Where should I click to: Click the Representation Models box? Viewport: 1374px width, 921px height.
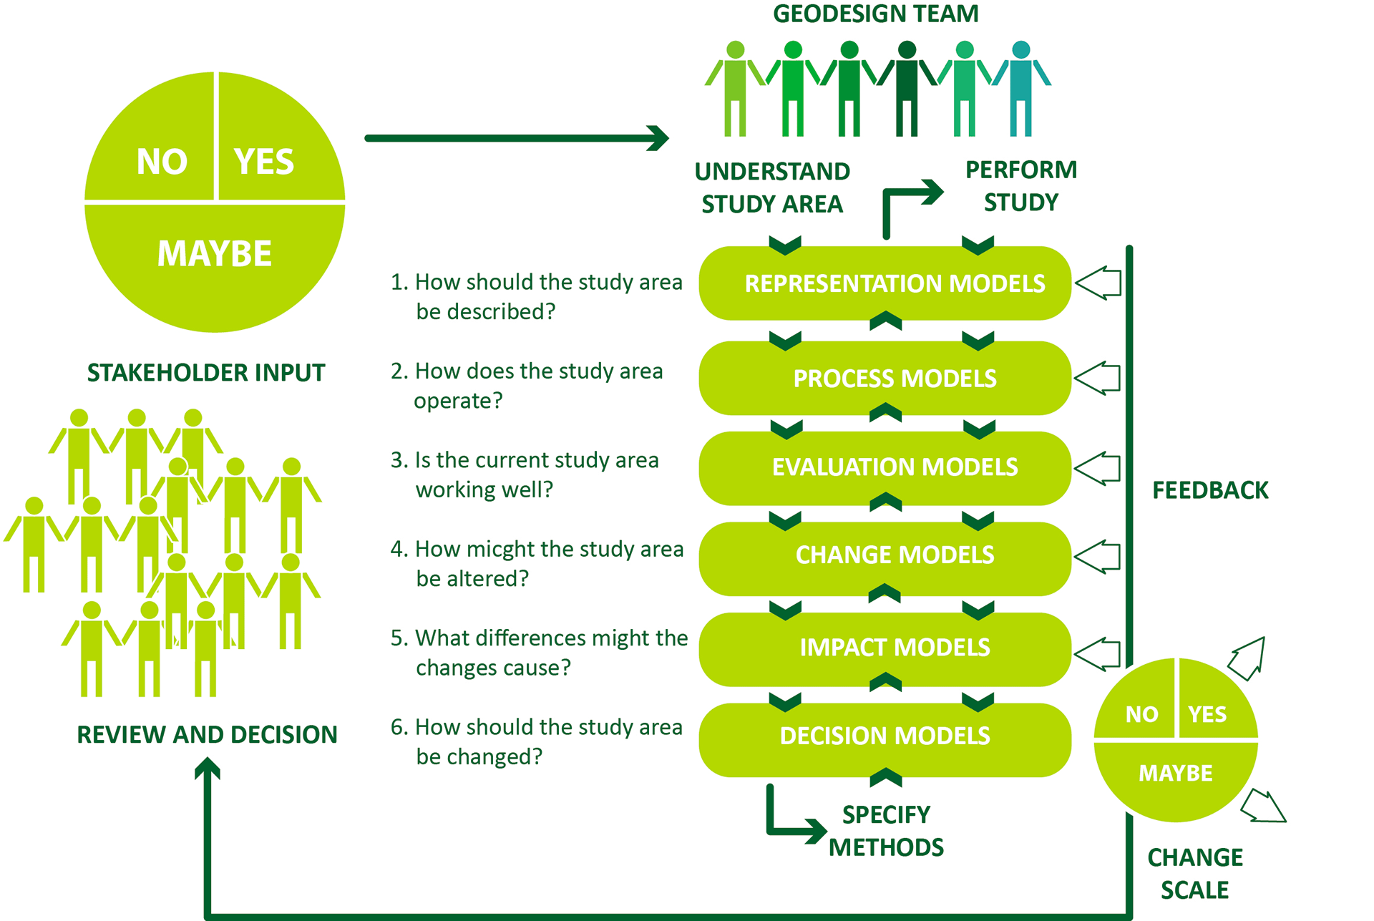point(885,283)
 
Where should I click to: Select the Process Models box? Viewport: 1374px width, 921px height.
point(885,378)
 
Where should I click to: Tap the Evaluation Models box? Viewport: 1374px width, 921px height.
point(885,468)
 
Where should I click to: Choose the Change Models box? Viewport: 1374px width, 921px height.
point(885,558)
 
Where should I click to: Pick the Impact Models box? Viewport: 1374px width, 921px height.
point(885,649)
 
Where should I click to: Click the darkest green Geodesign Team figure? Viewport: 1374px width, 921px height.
point(907,89)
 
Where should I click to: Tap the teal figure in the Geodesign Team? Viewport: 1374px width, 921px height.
point(1021,89)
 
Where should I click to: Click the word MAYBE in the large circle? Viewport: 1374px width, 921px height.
point(215,253)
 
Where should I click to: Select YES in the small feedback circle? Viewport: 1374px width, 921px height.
point(1207,714)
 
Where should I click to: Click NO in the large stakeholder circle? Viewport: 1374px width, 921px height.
point(162,162)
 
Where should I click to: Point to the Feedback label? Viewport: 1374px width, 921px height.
point(1210,490)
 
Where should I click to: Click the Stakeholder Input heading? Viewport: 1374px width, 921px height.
point(206,373)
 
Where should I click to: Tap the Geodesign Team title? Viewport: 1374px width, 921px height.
point(876,14)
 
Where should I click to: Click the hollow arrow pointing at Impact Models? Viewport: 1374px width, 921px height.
point(1098,654)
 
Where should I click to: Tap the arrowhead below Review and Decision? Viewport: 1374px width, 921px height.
point(208,769)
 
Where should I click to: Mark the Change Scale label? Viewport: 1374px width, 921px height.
point(1195,873)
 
